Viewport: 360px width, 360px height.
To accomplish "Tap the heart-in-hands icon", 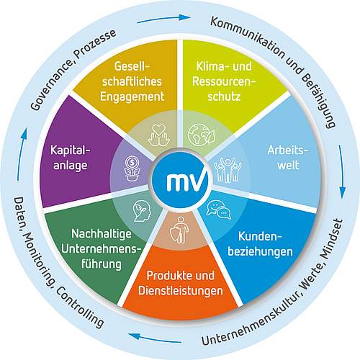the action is [x=159, y=135].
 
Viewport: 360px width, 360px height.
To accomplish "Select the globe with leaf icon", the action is [x=202, y=135].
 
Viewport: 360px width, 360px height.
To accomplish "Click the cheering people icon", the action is [x=228, y=170].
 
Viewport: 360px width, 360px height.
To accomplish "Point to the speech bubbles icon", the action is [x=219, y=210].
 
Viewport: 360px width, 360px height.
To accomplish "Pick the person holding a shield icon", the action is [x=179, y=230].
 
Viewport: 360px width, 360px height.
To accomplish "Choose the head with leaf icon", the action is [x=142, y=211].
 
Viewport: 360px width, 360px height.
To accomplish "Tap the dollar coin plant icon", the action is [x=132, y=168].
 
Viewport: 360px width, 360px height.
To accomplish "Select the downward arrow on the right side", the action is [x=342, y=171].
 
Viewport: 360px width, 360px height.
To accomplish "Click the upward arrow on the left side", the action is [x=22, y=154].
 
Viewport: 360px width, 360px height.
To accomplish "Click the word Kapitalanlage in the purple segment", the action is [x=70, y=158].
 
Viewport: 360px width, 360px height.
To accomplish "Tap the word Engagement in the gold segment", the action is [x=132, y=97].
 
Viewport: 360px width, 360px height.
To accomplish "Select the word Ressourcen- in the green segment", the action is [x=224, y=81].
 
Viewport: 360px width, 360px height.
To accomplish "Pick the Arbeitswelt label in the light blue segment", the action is [x=288, y=158].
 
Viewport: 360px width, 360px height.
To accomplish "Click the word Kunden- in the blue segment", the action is [x=260, y=237].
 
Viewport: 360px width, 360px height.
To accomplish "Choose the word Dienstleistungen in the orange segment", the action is [x=181, y=291].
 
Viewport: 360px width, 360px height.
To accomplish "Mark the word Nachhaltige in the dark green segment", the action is [x=102, y=234].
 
